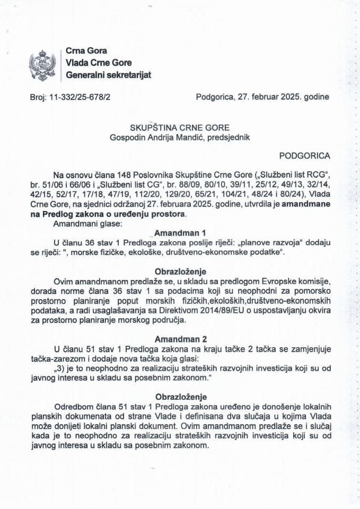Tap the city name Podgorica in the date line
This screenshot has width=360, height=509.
[213, 97]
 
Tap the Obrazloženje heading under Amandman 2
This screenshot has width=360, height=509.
[180, 397]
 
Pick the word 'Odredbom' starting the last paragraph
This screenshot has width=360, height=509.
[70, 407]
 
